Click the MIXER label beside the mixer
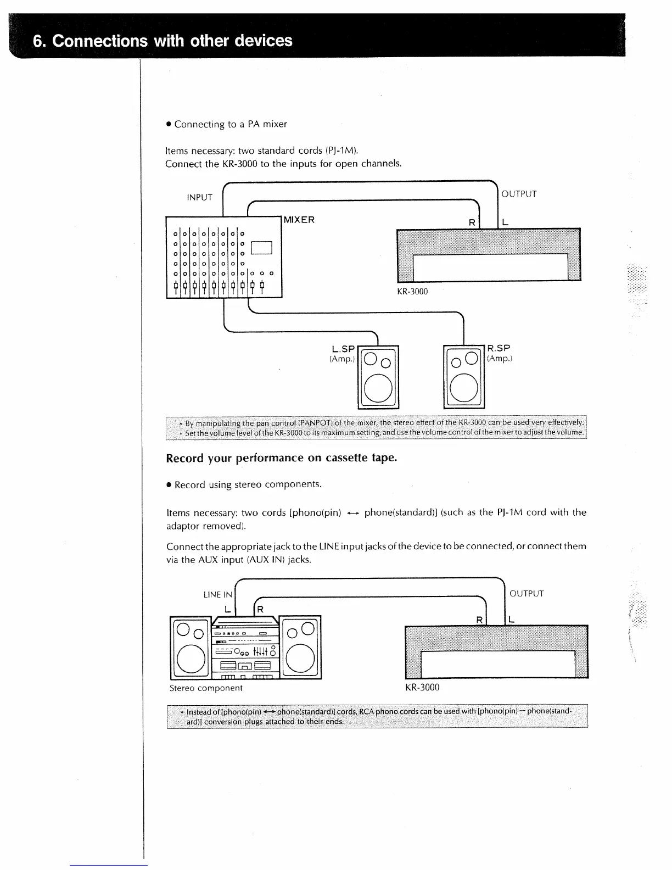[x=299, y=220]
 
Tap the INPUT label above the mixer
[x=199, y=197]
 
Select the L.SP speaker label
[x=344, y=349]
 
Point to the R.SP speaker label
[x=499, y=348]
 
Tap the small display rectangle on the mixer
[x=261, y=248]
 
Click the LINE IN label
[x=218, y=594]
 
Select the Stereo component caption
[x=206, y=688]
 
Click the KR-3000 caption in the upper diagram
[x=412, y=292]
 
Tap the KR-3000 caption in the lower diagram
[x=422, y=688]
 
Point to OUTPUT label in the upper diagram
[x=519, y=194]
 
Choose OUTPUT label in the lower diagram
[x=526, y=594]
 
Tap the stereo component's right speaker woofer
[x=300, y=659]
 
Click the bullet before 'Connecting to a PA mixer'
[x=169, y=125]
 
